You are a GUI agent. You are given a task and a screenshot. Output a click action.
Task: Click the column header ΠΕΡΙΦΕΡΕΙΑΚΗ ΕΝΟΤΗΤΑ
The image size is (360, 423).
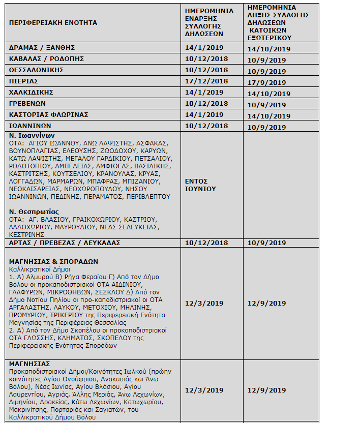pos(53,23)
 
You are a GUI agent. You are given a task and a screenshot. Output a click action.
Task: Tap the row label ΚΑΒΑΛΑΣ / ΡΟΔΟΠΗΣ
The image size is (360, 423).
pos(46,59)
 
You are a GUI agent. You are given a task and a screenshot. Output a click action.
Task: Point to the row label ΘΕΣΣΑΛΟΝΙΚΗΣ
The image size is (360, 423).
pos(36,70)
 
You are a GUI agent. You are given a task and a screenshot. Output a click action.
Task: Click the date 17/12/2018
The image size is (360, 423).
pos(206,81)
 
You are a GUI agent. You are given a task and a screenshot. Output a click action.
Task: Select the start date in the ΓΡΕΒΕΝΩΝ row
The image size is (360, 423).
pos(206,104)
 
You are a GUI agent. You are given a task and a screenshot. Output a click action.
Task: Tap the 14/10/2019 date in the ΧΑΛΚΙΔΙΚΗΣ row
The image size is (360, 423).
pos(268,94)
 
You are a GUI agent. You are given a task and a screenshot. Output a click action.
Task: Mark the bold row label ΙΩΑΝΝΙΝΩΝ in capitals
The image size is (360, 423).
pos(30,126)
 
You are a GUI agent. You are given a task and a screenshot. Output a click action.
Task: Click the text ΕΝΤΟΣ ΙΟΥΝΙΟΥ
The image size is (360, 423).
pos(200,185)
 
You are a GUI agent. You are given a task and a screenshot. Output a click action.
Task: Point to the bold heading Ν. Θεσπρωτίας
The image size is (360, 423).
pos(34,211)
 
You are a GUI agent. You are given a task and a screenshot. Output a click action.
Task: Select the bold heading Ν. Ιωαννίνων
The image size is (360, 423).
pos(32,136)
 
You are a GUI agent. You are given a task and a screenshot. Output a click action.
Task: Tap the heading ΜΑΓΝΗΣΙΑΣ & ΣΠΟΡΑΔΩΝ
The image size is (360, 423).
pos(53,261)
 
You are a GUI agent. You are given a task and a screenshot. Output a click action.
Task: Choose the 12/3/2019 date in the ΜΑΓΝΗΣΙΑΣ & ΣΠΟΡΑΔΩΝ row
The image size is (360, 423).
pos(204,304)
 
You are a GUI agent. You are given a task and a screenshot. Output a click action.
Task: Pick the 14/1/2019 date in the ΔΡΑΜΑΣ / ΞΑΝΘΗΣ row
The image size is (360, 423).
pos(204,48)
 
